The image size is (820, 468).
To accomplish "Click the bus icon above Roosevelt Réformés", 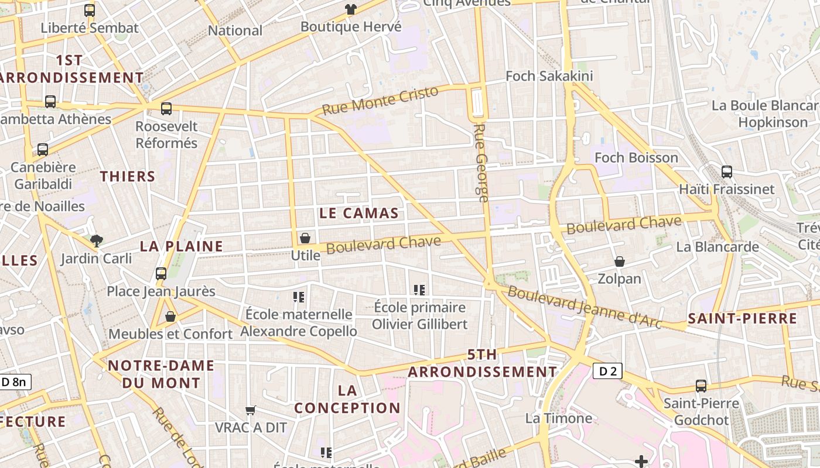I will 166,108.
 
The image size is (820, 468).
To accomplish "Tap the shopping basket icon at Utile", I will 305,238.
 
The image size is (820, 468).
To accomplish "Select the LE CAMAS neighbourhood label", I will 359,213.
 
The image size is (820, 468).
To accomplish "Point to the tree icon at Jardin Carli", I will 96,240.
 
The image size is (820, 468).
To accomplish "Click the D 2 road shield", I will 607,371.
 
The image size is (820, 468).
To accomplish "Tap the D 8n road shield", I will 14,382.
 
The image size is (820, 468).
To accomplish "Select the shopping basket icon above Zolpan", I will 619,261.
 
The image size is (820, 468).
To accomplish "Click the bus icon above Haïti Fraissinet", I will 726,172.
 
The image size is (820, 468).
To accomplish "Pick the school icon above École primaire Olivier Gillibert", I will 419,290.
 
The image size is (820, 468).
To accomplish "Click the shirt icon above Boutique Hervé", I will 350,9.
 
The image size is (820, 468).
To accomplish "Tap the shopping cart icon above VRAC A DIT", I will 251,410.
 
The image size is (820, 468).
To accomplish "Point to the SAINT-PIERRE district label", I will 742,319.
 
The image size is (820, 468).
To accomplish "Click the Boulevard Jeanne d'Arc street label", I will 584,307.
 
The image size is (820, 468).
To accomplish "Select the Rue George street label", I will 481,163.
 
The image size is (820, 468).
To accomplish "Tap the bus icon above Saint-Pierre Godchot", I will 701,386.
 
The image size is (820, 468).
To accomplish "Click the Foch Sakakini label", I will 549,76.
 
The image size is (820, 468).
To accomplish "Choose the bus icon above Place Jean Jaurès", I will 161,273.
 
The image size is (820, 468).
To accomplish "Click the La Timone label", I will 558,418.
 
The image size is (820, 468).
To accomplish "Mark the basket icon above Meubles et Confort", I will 170,316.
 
